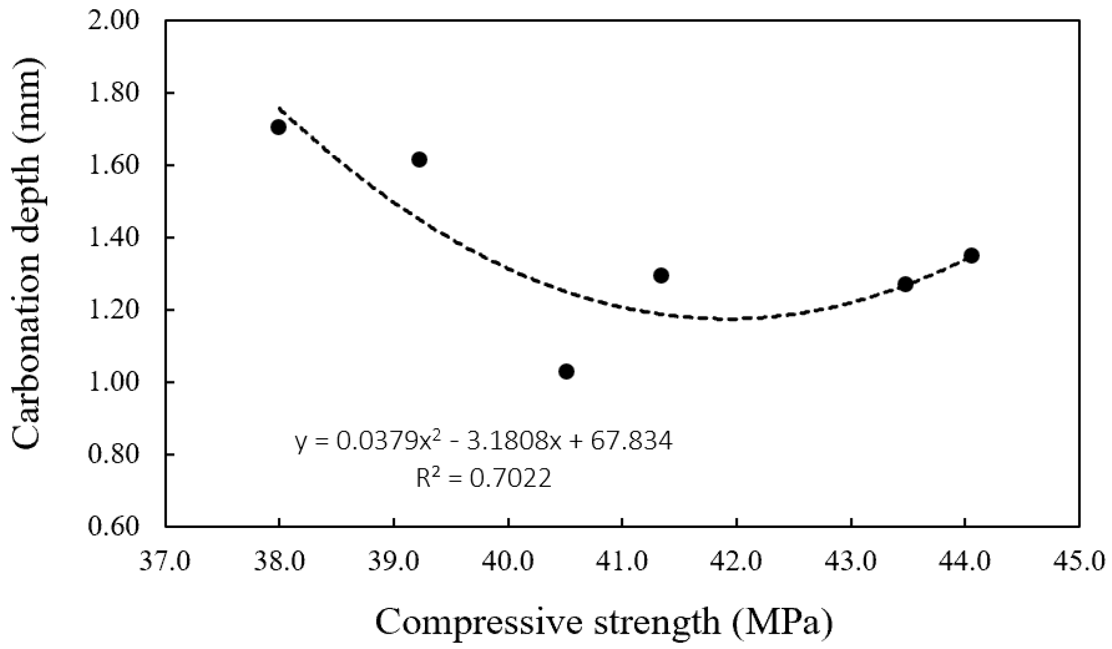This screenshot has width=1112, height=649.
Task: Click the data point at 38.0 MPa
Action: (x=278, y=127)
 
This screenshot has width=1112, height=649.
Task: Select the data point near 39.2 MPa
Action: (x=419, y=159)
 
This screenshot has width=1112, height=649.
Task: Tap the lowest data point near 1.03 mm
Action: (x=566, y=371)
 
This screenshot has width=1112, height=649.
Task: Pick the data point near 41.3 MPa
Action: (x=661, y=275)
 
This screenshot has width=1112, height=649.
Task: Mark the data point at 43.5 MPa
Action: (x=905, y=284)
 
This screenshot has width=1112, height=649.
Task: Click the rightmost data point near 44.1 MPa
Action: (x=972, y=255)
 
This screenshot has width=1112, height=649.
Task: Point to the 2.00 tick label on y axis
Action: (x=114, y=21)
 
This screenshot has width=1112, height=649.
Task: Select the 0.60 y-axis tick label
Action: (x=114, y=527)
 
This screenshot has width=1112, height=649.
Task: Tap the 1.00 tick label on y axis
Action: (x=114, y=382)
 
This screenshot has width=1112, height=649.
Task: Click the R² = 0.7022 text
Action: (x=484, y=478)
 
